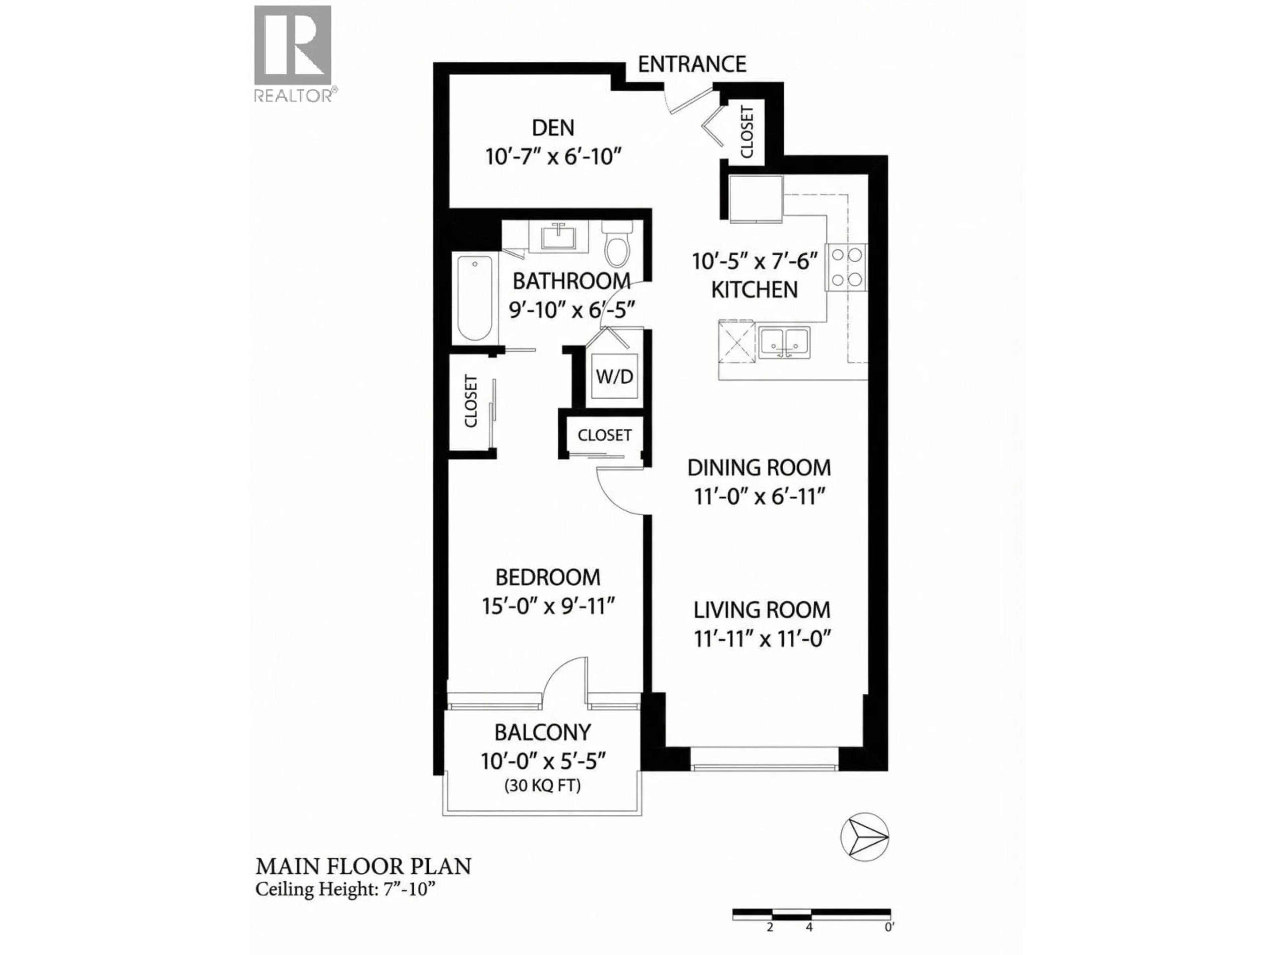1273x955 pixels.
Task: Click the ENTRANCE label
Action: [692, 64]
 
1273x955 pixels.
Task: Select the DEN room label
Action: [553, 128]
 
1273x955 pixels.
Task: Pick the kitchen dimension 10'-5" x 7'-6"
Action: [755, 262]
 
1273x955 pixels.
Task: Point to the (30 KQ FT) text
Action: [542, 785]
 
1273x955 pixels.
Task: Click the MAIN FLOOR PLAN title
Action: [363, 866]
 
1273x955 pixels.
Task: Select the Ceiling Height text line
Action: [344, 889]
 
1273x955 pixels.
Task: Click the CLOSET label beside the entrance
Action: [747, 131]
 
